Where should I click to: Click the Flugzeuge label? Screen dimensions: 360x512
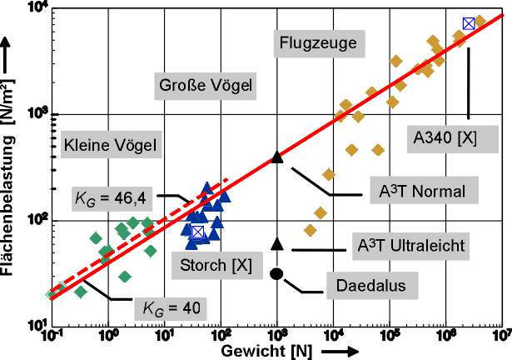(318, 42)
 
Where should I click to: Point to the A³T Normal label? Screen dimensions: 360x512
(415, 190)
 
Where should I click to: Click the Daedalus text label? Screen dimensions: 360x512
(370, 286)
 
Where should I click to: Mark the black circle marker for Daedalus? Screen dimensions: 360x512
(277, 273)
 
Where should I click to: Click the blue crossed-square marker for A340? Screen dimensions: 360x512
(469, 23)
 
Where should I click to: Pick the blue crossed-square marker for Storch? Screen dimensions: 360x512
(197, 232)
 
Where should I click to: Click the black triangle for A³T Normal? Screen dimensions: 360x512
(277, 157)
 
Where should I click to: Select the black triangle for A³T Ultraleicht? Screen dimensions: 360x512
(277, 243)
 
